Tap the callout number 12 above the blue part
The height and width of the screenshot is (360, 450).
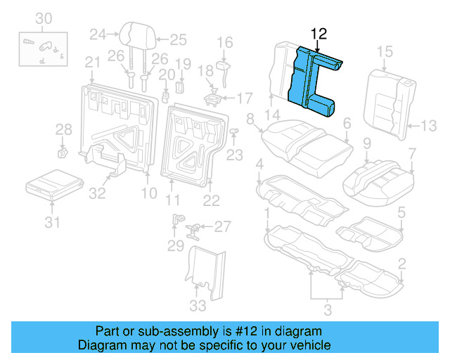(x=319, y=33)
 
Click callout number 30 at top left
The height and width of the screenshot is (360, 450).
(x=44, y=17)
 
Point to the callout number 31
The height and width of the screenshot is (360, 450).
(x=53, y=223)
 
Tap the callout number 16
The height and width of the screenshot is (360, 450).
(x=224, y=43)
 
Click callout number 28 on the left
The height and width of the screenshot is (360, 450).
(x=63, y=129)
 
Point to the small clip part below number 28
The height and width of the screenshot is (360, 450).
(x=61, y=150)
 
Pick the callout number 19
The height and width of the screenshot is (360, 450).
(x=183, y=65)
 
